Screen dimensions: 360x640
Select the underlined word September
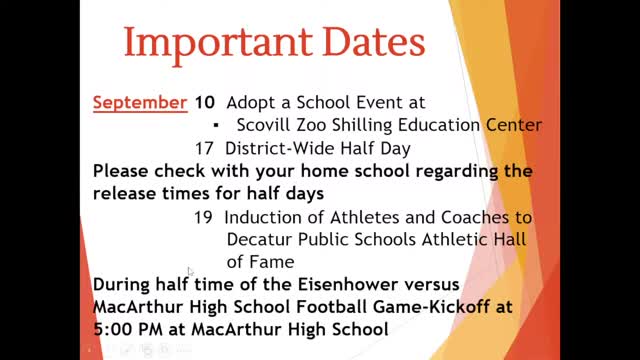click(139, 102)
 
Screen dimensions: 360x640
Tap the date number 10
click(204, 102)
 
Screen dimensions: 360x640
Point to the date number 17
click(204, 147)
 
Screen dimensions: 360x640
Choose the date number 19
click(204, 217)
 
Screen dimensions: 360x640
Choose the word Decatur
click(259, 239)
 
